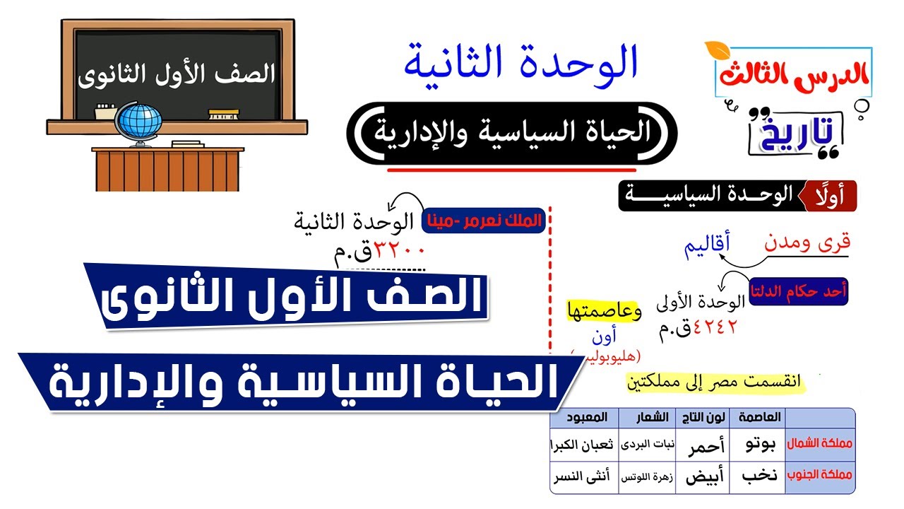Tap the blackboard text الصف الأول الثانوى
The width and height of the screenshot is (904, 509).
click(x=176, y=74)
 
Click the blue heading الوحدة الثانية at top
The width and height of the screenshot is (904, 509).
click(x=521, y=61)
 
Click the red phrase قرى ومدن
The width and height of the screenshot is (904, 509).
click(x=807, y=242)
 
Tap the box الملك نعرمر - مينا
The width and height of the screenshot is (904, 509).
click(x=484, y=221)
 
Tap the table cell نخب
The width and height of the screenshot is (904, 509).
click(x=760, y=476)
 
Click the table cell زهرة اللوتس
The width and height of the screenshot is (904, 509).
click(x=646, y=478)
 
